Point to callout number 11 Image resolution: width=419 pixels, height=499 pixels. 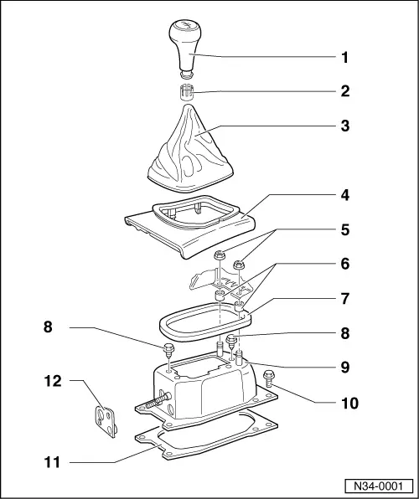pos(52,460)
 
